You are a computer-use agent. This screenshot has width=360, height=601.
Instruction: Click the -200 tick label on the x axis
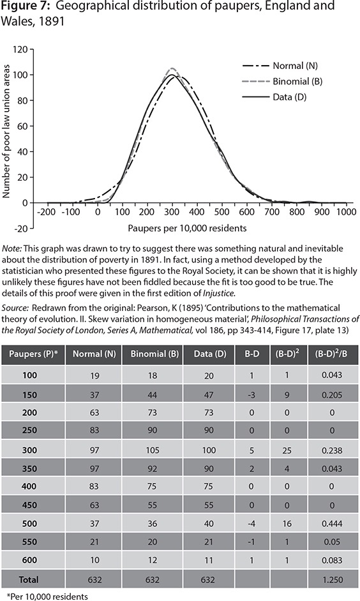pyautogui.click(x=45, y=211)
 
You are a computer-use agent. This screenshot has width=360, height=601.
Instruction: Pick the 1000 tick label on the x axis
pyautogui.click(x=346, y=211)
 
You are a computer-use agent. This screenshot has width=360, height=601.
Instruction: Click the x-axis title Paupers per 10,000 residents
pyautogui.click(x=195, y=227)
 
